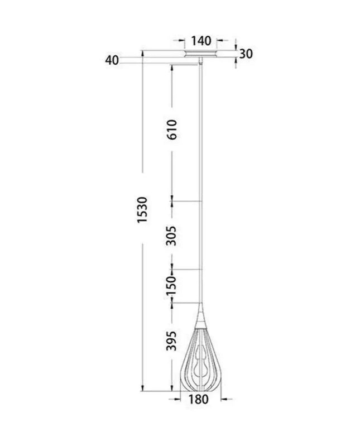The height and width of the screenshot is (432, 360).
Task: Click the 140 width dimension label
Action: tap(200, 41)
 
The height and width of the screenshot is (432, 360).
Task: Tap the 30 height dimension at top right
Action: tap(246, 54)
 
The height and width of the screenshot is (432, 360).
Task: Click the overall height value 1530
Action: tap(142, 210)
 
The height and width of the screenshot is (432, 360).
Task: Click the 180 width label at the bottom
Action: tap(199, 399)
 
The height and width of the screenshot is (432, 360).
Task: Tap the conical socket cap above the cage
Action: tap(200, 314)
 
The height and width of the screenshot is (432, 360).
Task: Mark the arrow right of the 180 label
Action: tap(224, 399)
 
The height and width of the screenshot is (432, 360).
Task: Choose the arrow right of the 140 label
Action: tap(220, 41)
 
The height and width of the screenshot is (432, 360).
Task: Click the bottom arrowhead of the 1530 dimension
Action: tap(143, 388)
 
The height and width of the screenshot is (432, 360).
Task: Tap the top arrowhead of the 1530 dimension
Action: tap(143, 54)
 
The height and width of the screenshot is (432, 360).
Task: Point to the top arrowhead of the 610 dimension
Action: tap(172, 66)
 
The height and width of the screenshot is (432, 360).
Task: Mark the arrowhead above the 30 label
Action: tap(237, 47)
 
